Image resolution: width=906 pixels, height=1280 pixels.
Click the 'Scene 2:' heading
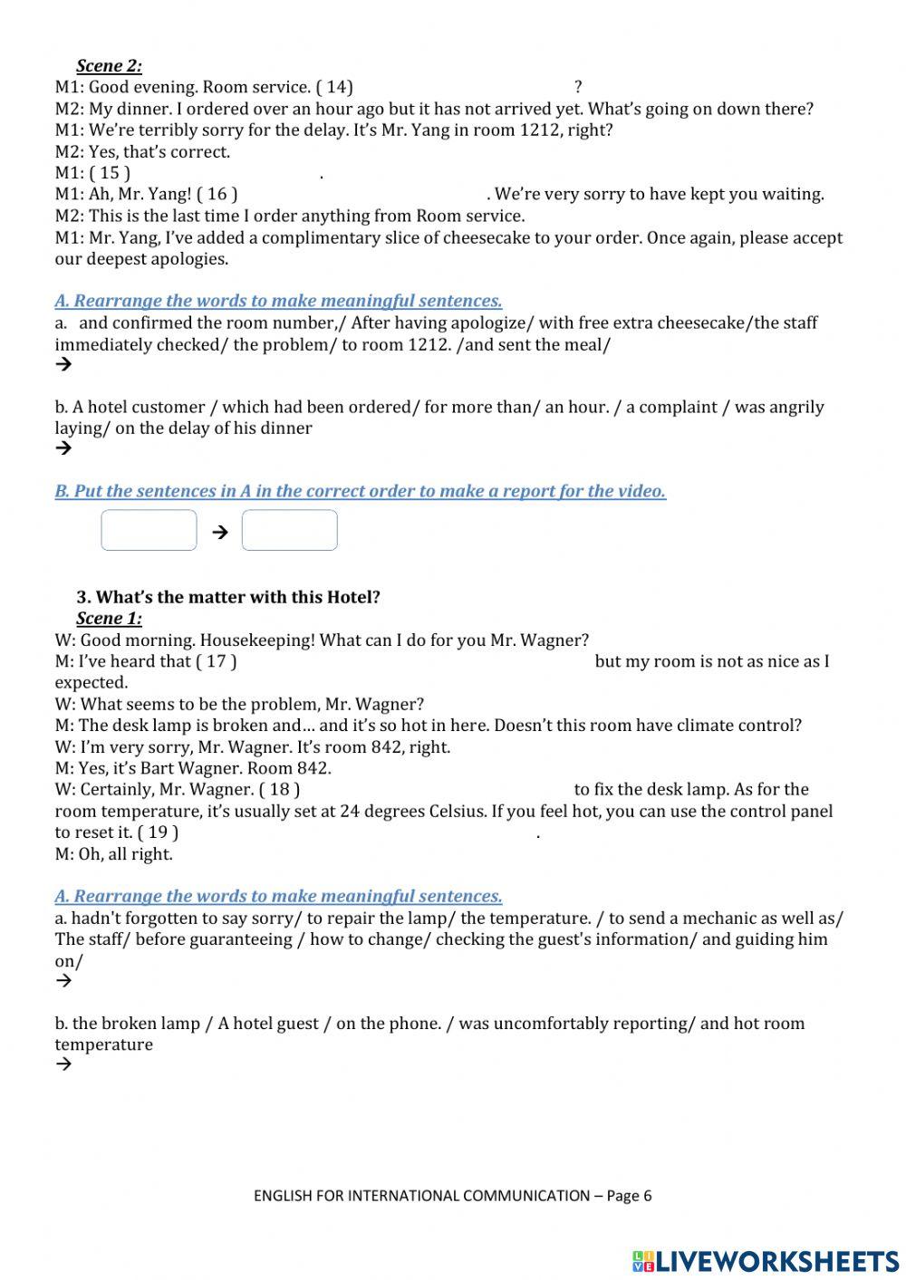tap(109, 65)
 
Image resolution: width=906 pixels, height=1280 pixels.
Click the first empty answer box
tap(149, 530)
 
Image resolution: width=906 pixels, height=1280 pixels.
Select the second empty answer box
tap(290, 530)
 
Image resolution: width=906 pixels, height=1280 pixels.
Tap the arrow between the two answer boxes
tap(219, 532)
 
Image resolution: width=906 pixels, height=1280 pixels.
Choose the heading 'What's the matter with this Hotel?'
tap(237, 597)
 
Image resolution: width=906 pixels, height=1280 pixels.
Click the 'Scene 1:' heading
tap(109, 619)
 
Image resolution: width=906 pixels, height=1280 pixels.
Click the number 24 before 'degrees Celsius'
tap(349, 812)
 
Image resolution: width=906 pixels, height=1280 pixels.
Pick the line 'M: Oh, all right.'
tap(113, 854)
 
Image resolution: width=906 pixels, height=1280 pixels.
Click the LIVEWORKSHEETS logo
tap(766, 1260)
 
